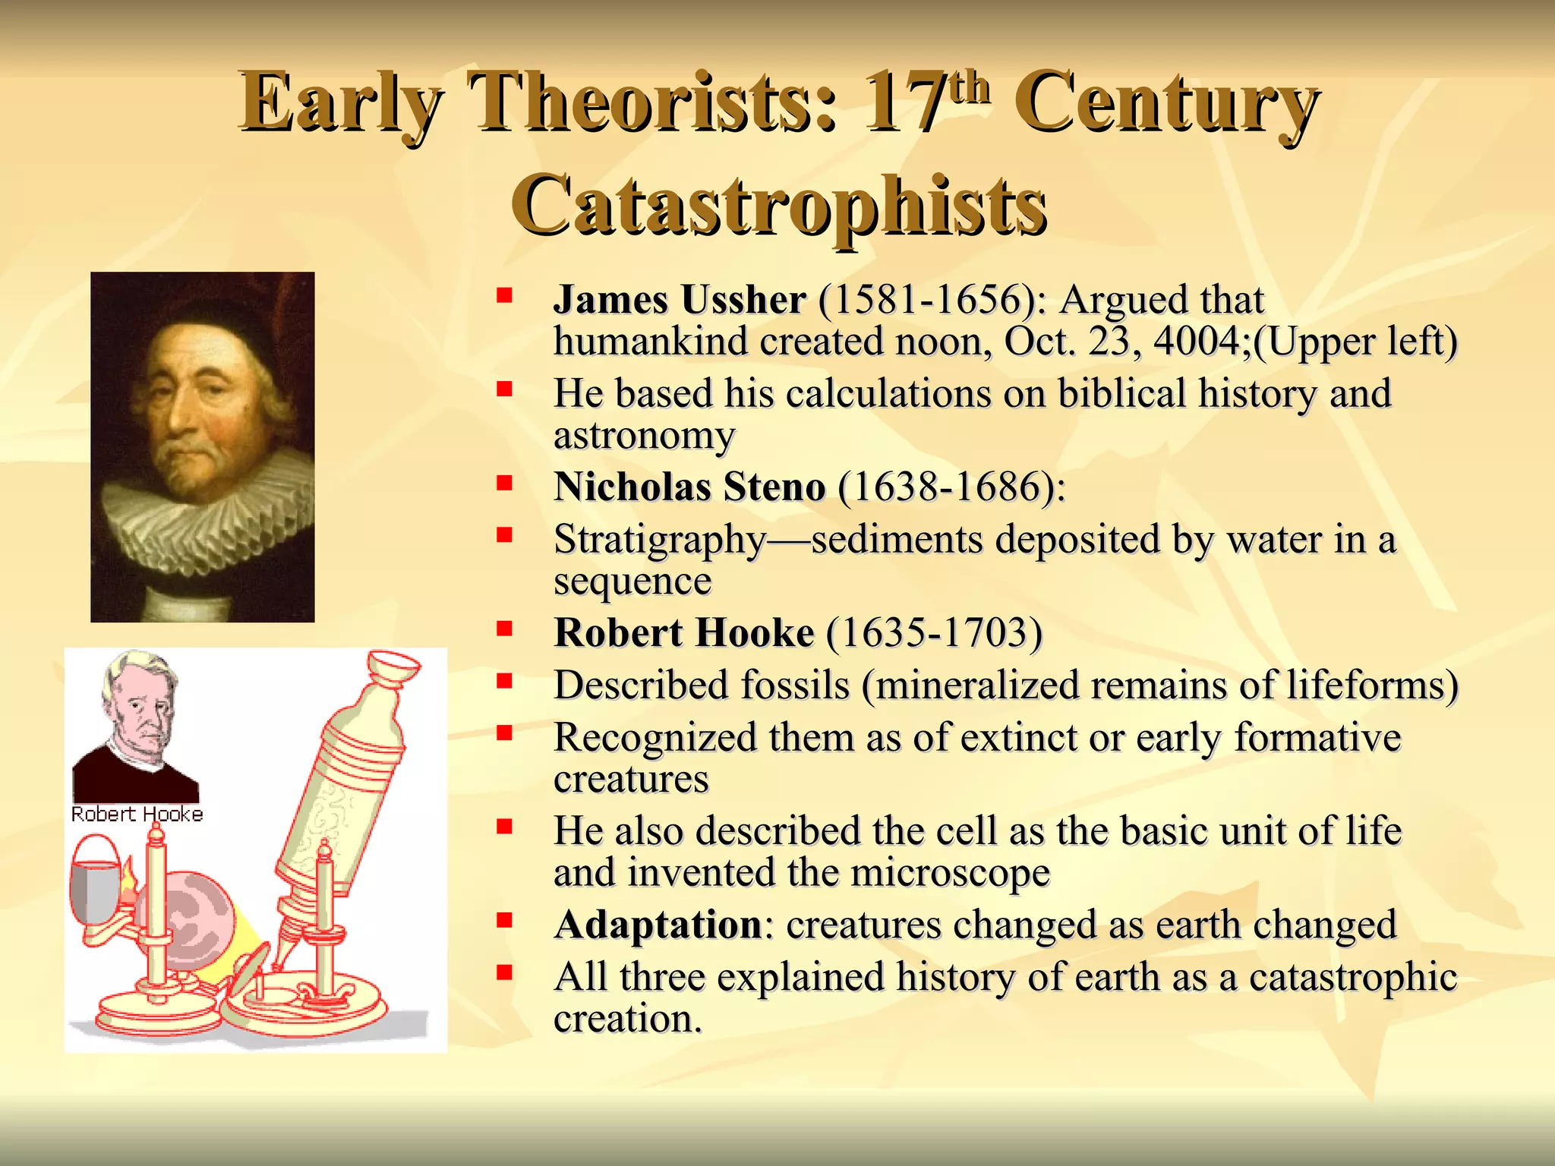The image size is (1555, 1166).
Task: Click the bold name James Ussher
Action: coord(680,300)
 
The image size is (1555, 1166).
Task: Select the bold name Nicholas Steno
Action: coord(689,487)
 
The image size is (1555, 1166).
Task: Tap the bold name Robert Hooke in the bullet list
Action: coord(684,632)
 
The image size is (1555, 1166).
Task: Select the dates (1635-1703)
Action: coord(935,632)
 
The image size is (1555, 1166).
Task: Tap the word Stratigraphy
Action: coord(660,540)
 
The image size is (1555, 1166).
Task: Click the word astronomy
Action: coord(644,436)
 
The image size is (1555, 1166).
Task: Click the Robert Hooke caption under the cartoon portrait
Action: coord(137,815)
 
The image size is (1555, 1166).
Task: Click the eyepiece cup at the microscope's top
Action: coord(393,666)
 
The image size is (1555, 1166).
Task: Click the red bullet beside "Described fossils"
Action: coord(504,681)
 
